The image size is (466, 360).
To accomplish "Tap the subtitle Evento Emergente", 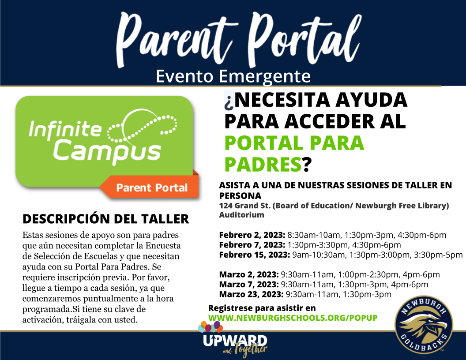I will pyautogui.click(x=233, y=76).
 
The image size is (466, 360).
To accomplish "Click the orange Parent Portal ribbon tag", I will pyautogui.click(x=151, y=188).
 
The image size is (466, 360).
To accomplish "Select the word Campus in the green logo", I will pyautogui.click(x=109, y=150).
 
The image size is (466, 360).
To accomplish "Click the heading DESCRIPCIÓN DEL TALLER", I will pyautogui.click(x=105, y=219).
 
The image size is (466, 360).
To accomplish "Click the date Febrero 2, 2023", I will pyautogui.click(x=252, y=235).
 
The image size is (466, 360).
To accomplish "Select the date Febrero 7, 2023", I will pyautogui.click(x=252, y=245).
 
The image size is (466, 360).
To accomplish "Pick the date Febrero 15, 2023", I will pyautogui.click(x=254, y=255).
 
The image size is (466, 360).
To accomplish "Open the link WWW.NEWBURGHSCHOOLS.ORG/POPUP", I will pyautogui.click(x=293, y=318).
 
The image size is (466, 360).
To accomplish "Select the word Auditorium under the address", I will pyautogui.click(x=241, y=215).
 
